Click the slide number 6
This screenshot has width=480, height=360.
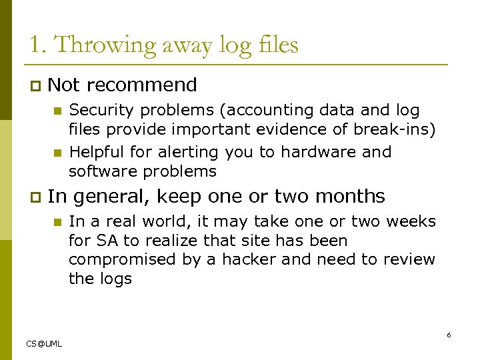449,335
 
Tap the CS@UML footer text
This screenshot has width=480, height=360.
44,343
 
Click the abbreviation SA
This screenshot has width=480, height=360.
105,240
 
